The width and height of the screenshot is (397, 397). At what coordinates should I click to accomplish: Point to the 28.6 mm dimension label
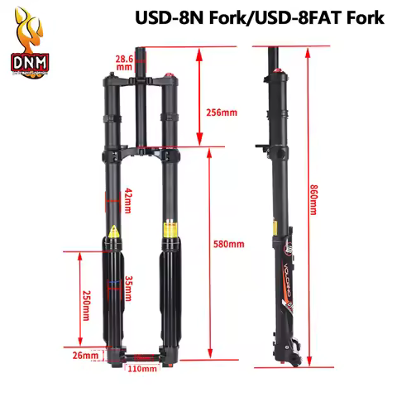pyautogui.click(x=125, y=63)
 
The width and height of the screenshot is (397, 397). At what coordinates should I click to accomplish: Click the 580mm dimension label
pyautogui.click(x=229, y=244)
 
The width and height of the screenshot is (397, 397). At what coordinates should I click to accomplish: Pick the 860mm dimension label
pyautogui.click(x=313, y=199)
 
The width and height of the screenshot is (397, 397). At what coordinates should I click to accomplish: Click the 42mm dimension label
pyautogui.click(x=128, y=198)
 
